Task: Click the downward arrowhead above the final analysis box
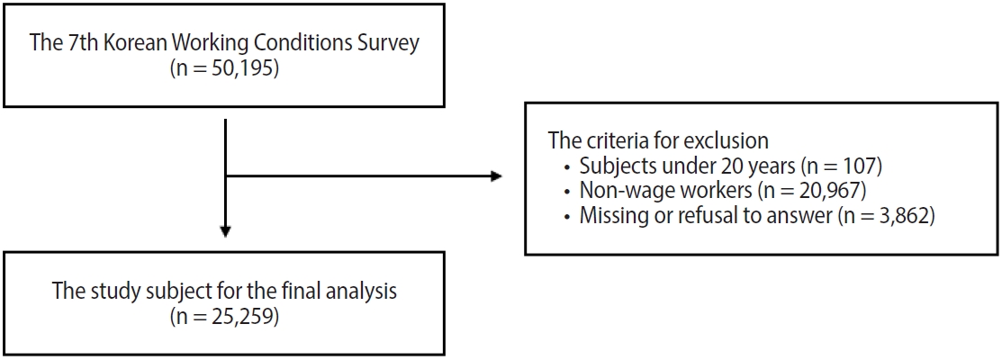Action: pyautogui.click(x=226, y=231)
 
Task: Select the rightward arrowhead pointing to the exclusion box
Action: pyautogui.click(x=496, y=176)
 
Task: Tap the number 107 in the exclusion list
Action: pyautogui.click(x=858, y=166)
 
